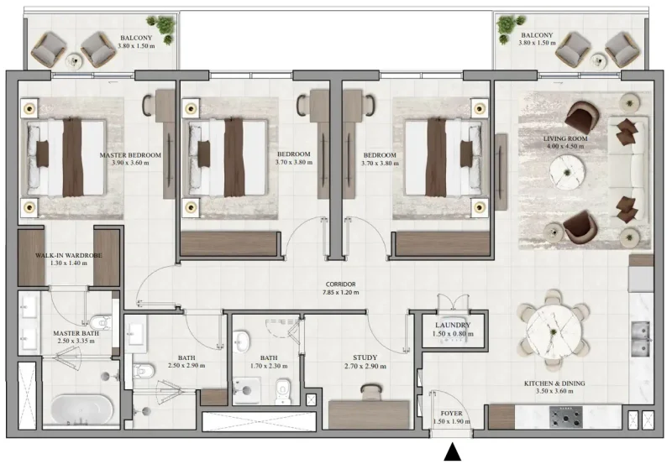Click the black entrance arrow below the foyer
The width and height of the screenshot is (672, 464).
453,452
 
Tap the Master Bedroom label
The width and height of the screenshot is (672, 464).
130,155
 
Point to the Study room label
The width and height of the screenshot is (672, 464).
365,356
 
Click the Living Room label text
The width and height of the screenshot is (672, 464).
564,138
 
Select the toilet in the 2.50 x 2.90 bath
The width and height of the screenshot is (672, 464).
143,368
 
